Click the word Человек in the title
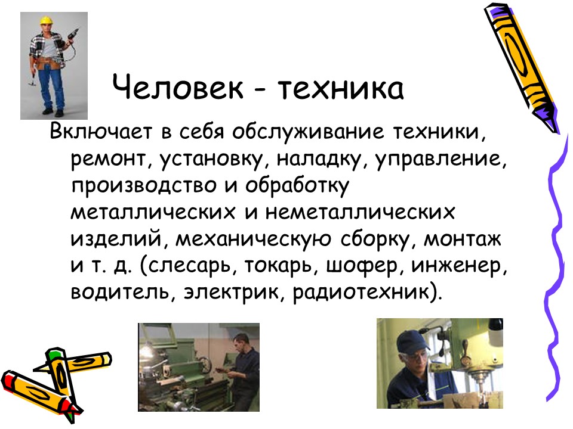pyautogui.click(x=178, y=87)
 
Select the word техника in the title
pyautogui.click(x=341, y=87)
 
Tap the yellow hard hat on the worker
pyautogui.click(x=46, y=20)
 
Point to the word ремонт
pyautogui.click(x=107, y=160)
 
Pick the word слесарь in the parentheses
pyautogui.click(x=189, y=266)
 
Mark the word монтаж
pyautogui.click(x=462, y=240)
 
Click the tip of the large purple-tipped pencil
pyautogui.click(x=554, y=130)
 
